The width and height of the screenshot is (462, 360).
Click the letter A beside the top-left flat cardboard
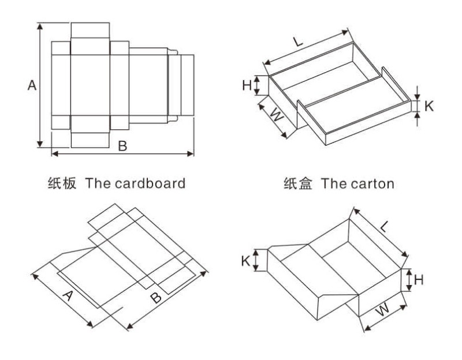click(x=32, y=85)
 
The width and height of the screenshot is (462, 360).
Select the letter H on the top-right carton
click(x=247, y=85)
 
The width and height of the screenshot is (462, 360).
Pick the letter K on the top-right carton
click(x=429, y=106)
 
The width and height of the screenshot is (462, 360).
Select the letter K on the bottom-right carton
click(x=246, y=260)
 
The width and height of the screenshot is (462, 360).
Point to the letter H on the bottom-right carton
click(x=419, y=280)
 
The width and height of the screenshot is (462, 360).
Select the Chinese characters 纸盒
click(x=298, y=183)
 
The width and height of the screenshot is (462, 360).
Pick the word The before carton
click(x=333, y=183)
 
